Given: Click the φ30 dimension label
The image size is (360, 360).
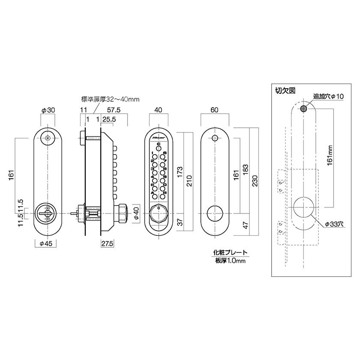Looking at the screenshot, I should click(x=48, y=110).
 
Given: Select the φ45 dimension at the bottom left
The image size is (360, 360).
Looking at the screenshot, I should click(x=45, y=243).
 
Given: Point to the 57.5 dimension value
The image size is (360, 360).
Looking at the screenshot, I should click(x=114, y=110).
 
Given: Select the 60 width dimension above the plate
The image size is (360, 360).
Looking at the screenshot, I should click(x=215, y=110).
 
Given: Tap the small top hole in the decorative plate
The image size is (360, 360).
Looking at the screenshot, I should click(x=215, y=138).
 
